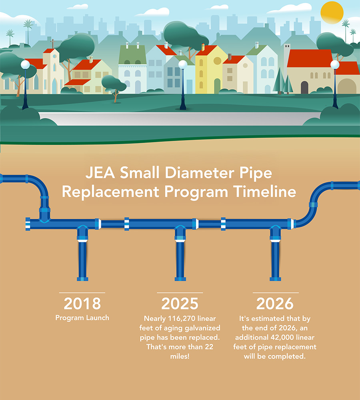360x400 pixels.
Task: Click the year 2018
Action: coord(82,304)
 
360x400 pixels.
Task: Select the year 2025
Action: coord(180,304)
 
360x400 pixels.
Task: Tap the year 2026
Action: coord(275,304)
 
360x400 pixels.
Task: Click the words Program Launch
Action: coord(82,318)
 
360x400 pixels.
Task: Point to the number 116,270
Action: coord(188,319)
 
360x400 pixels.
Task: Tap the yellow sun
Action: coord(332,12)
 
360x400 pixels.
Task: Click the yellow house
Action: coord(210,70)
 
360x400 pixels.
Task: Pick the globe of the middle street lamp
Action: coord(183,64)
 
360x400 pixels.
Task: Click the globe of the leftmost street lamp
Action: coord(25,64)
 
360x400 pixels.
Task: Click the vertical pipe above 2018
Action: coord(82,260)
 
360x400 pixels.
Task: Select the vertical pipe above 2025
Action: coord(180,260)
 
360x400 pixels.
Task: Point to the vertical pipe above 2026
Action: coord(276,260)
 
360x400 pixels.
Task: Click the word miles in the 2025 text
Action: coord(180,356)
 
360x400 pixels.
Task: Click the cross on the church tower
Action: coord(52,42)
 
